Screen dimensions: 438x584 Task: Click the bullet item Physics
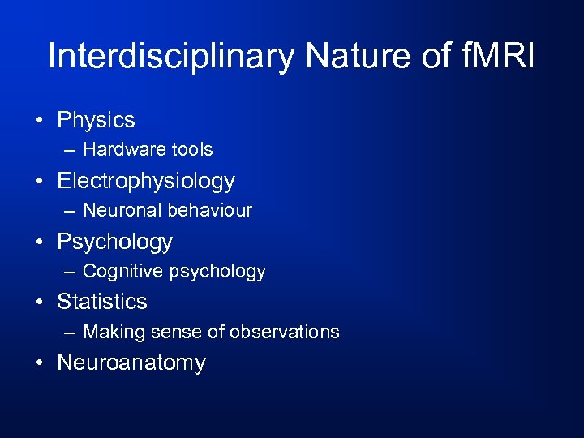[x=96, y=121]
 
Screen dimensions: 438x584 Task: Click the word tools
[x=189, y=149]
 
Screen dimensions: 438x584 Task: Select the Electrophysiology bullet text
[x=146, y=182]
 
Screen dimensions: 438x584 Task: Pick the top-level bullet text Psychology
[x=114, y=242]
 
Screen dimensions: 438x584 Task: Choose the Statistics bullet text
[x=102, y=302]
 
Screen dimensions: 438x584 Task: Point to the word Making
[x=111, y=332]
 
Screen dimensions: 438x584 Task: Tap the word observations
[x=284, y=332]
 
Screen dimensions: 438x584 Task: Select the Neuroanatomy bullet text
[x=131, y=363]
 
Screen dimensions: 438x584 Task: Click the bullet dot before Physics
[x=39, y=122]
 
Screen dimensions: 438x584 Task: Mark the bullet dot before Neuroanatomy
[x=39, y=363]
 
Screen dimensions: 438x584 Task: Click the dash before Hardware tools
[x=71, y=150]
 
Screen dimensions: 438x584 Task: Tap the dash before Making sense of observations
[x=71, y=333]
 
